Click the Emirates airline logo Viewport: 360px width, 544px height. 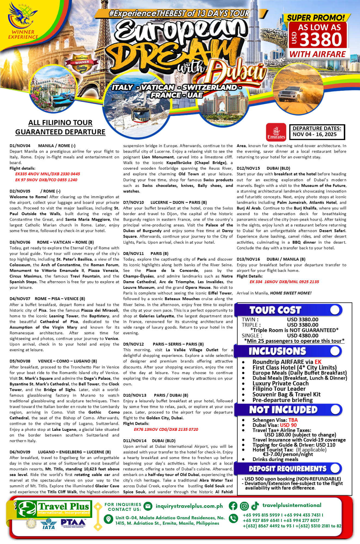coord(276,132)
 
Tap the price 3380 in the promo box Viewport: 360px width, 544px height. coord(321,40)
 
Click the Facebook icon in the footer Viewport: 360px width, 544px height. coord(233,506)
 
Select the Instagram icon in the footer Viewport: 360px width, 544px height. coord(244,506)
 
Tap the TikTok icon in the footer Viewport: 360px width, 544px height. coord(255,506)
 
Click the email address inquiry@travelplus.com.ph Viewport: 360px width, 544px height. coord(189,506)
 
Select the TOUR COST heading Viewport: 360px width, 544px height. coord(275,310)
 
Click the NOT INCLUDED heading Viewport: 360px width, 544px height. coord(283,410)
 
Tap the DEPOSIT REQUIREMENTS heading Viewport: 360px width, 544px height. coord(287,469)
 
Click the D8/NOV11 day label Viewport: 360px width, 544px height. coord(133,254)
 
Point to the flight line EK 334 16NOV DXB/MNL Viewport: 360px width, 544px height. coord(284,282)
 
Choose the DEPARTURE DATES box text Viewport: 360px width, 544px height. coord(317,131)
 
